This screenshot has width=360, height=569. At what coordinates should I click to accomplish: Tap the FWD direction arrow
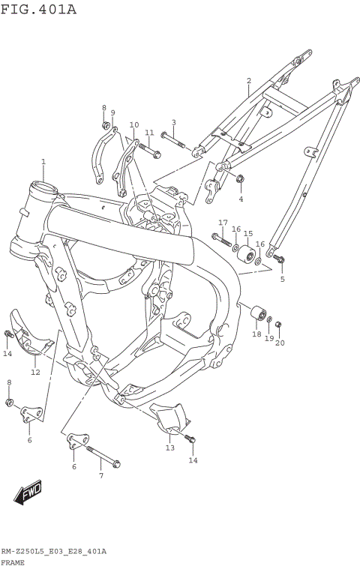28,493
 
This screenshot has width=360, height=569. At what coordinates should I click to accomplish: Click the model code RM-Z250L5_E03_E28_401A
54,551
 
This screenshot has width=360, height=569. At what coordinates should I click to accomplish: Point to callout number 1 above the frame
43,161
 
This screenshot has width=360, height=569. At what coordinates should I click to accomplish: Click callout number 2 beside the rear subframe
248,80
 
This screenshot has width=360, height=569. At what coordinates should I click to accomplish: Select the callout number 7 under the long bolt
100,476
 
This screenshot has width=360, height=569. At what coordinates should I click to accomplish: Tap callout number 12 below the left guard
35,372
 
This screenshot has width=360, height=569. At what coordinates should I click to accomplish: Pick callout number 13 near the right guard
169,448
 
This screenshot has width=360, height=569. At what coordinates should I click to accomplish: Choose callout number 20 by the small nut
280,343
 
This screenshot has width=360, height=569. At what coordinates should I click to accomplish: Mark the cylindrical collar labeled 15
245,258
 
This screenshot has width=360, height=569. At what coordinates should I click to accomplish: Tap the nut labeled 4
240,178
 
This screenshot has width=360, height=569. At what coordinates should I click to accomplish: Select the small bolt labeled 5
280,259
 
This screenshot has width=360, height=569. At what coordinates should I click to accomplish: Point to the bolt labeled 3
171,139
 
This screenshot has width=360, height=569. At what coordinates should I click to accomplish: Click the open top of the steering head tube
42,187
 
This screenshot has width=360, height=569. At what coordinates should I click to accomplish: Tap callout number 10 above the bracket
133,125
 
